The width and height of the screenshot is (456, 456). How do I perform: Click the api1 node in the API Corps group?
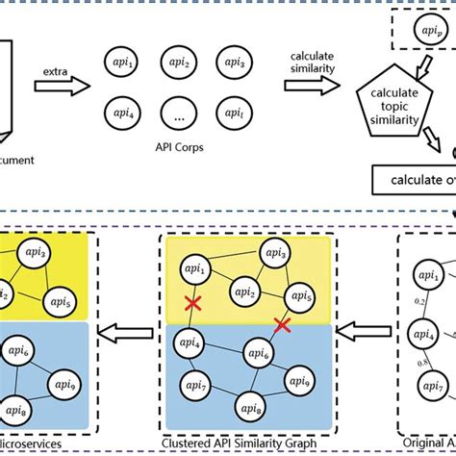[x=123, y=64]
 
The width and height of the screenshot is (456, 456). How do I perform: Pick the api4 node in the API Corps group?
[x=123, y=111]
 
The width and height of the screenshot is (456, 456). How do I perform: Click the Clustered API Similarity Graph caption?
[x=248, y=445]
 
